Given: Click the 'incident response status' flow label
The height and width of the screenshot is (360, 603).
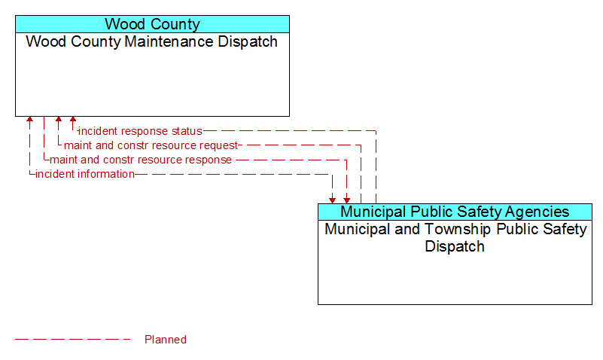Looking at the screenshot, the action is (140, 131).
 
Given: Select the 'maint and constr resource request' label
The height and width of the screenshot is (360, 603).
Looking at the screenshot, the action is (151, 145).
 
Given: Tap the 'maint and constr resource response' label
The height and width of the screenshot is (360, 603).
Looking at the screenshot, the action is (141, 160).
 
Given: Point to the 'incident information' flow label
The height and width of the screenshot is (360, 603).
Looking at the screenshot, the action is (85, 174).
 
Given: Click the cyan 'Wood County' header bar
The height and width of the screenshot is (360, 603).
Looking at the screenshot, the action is (152, 24).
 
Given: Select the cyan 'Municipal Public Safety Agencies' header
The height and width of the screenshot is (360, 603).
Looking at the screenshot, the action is (455, 212).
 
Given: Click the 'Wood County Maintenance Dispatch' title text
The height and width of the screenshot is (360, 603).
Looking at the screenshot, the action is (152, 41).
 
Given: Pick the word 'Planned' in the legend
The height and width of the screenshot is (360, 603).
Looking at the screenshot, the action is (166, 340).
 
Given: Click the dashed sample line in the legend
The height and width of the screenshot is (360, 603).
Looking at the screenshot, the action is (73, 339).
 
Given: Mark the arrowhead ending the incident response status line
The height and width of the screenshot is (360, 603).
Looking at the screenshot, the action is (73, 119).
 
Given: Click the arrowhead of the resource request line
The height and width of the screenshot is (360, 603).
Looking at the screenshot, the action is (59, 119).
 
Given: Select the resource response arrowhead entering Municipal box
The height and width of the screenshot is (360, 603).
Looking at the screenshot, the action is (347, 200).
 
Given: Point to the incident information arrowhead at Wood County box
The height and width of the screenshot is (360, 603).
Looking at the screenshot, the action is (29, 119).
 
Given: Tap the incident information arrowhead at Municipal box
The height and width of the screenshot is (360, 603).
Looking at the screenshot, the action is (332, 200).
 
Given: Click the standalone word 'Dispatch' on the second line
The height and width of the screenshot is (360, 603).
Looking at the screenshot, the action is (455, 246).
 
